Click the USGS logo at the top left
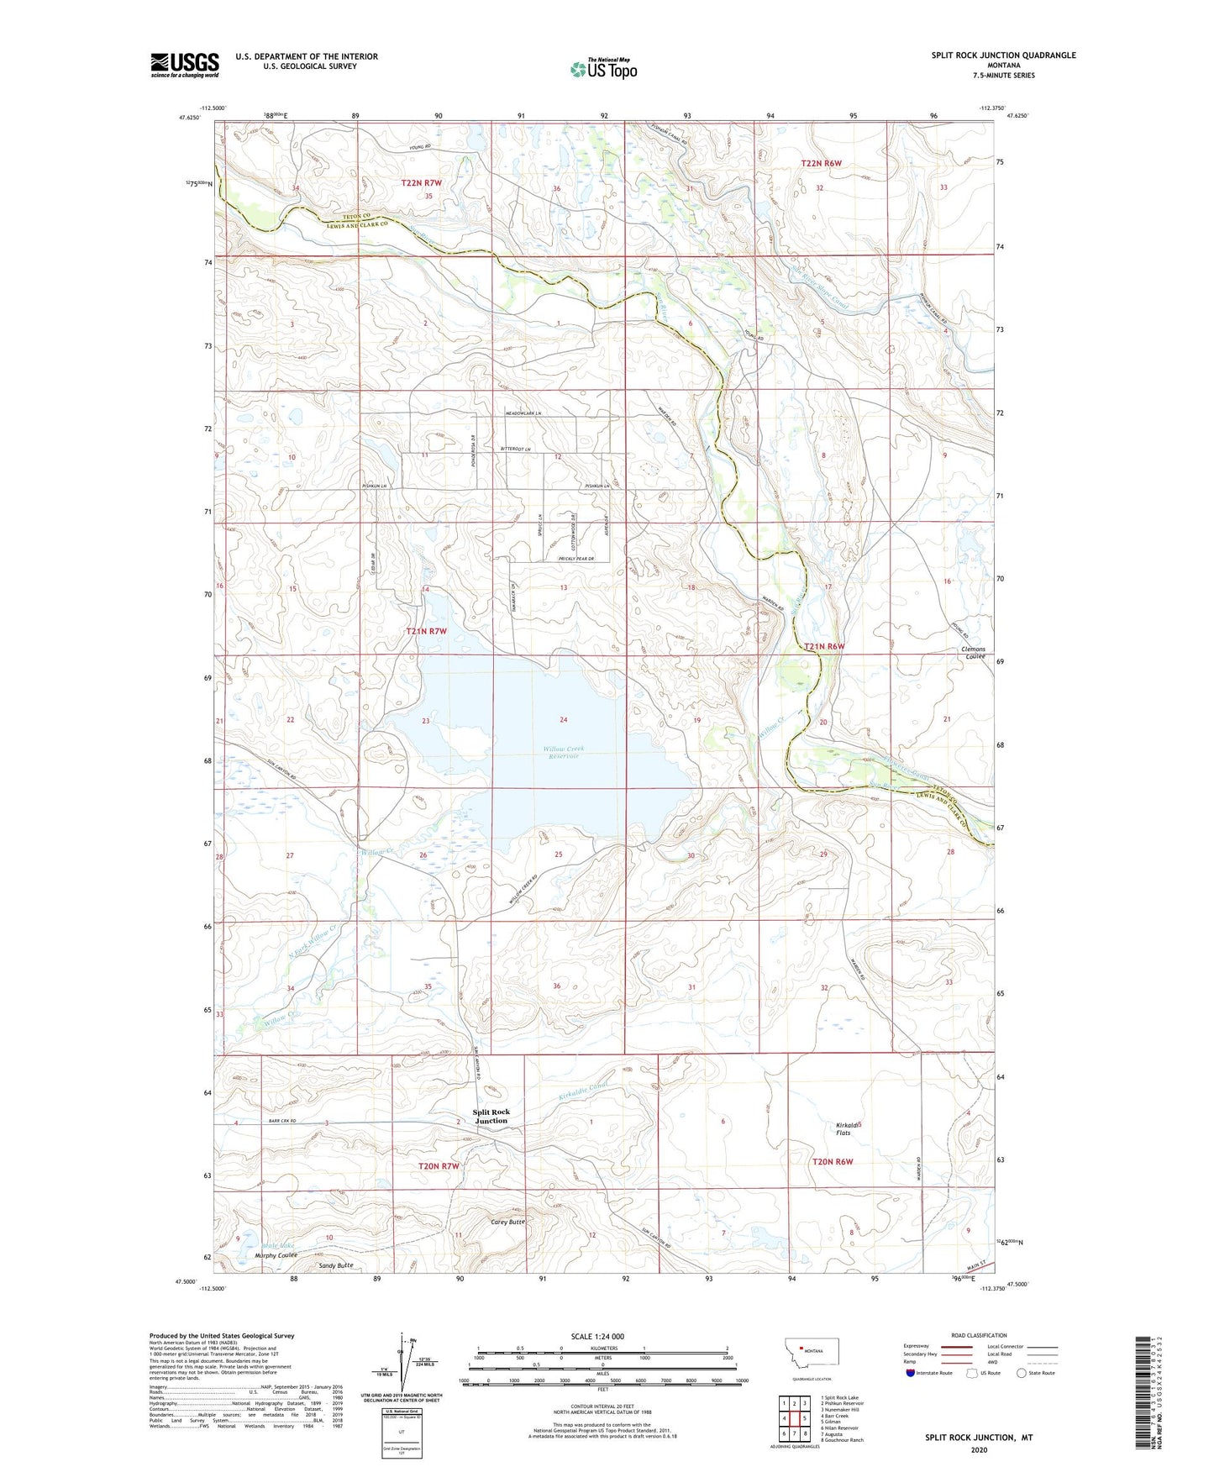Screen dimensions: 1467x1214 185,65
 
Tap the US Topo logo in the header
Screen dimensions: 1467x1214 603,68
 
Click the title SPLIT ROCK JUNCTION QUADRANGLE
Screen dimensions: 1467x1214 1003,55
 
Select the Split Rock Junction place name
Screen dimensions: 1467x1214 491,1116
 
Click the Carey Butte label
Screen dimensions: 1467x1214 507,1222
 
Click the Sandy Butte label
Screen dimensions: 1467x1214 336,1265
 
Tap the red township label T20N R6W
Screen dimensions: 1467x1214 833,1161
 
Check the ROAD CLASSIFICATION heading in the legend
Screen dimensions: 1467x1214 979,1335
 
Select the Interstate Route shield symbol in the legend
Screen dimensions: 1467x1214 911,1373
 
